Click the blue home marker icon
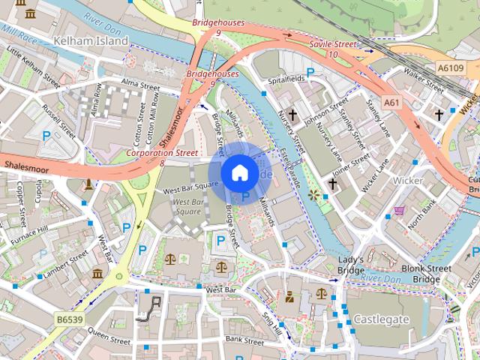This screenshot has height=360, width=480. click(238, 173)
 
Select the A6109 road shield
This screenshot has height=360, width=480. click(451, 67)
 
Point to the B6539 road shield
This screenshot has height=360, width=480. click(70, 320)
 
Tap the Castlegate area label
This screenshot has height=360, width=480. click(381, 319)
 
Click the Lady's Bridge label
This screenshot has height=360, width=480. click(350, 265)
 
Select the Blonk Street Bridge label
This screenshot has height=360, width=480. click(426, 274)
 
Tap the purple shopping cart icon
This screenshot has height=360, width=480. click(400, 211)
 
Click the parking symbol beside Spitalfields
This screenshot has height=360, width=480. click(309, 73)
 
